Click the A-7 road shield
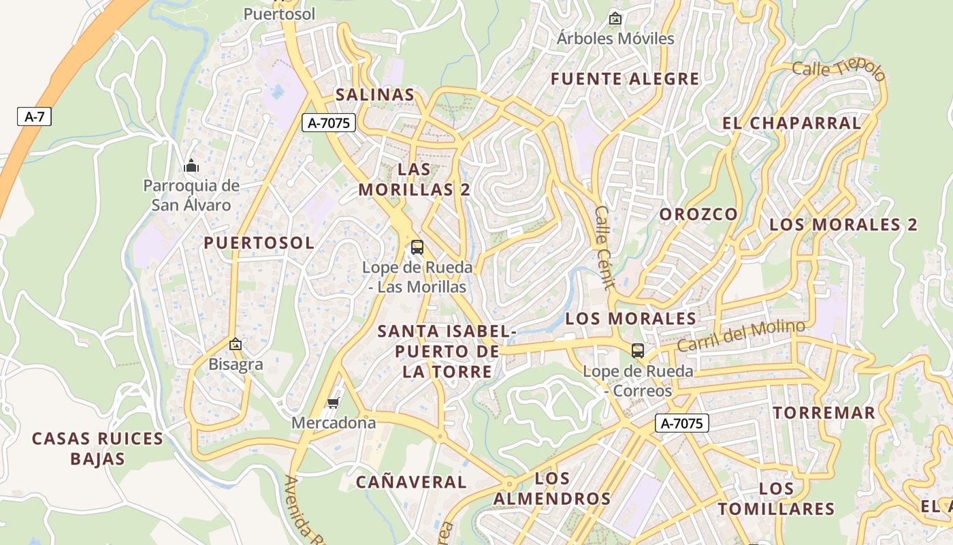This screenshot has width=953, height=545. point(34,116)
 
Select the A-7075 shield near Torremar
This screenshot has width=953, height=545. point(682,423)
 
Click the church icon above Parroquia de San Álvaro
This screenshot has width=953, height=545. point(191,166)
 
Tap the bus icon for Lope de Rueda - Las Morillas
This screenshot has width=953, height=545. point(417,247)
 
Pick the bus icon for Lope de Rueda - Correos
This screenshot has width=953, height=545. point(638,351)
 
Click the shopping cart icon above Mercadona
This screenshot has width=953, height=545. point(333,403)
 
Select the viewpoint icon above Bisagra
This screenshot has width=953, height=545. point(236,345)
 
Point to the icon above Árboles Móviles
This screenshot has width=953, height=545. point(615,18)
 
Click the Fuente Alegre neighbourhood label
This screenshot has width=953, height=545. point(625,79)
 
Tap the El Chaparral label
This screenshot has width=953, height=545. point(792,123)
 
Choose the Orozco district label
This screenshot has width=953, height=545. point(698,214)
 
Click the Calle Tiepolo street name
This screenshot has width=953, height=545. point(839,69)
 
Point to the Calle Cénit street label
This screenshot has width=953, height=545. point(604,248)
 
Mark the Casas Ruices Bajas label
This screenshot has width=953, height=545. point(98,448)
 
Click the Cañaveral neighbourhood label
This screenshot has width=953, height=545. point(411,482)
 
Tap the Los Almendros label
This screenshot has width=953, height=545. point(552,488)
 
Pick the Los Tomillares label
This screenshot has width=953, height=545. point(776,499)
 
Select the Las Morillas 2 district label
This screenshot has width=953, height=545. point(414,179)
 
